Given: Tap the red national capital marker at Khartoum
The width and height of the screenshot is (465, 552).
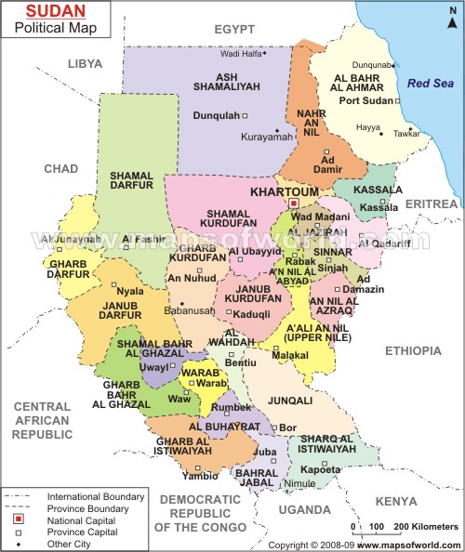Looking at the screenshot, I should pos(293,203).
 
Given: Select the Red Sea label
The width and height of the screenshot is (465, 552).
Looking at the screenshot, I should pos(430,84).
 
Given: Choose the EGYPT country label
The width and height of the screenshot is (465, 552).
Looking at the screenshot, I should pos(233,30).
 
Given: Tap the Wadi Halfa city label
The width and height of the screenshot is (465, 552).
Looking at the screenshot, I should pos(240,53).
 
